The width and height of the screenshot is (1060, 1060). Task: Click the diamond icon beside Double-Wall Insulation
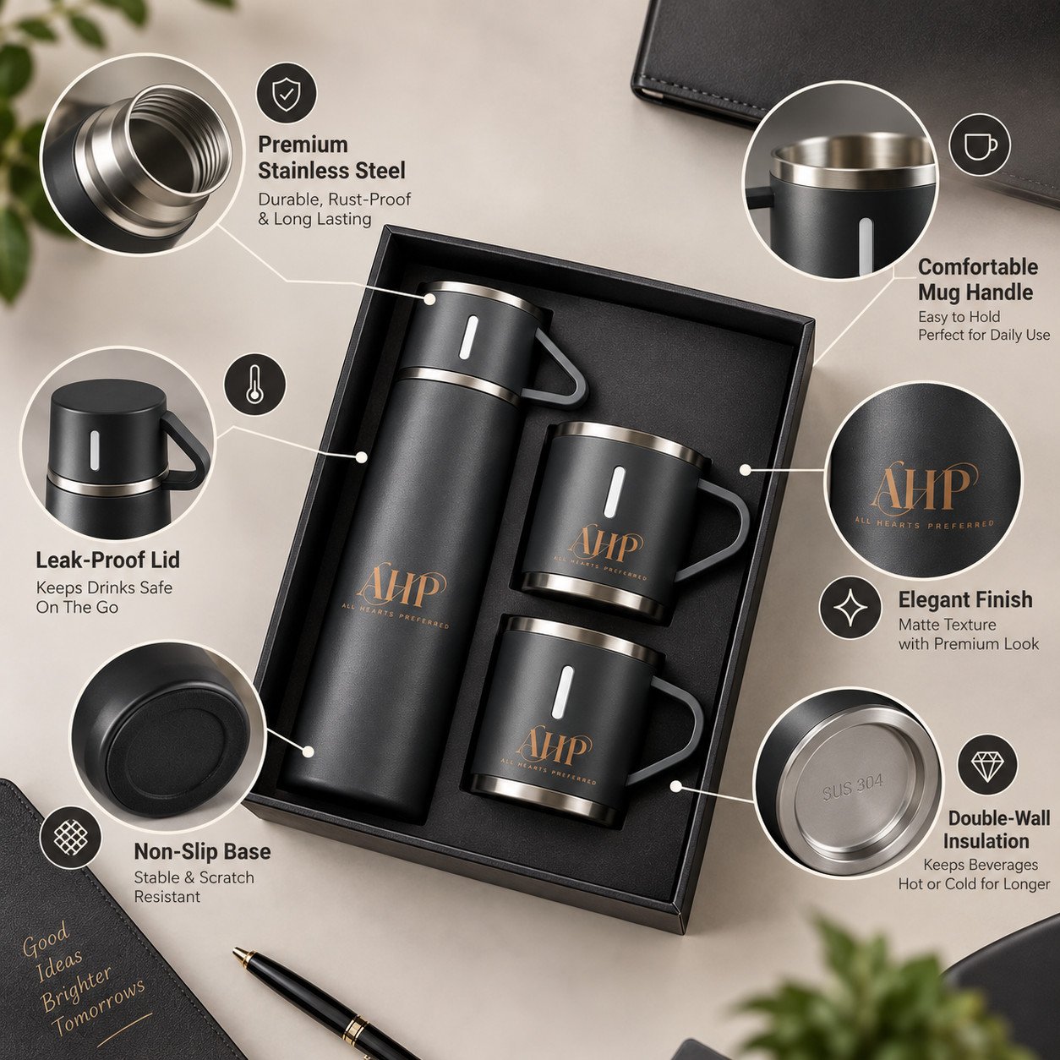point(986,764)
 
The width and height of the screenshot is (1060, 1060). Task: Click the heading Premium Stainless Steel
point(331,158)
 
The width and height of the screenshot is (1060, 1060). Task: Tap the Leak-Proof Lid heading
point(108,560)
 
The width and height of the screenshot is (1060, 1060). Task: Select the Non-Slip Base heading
point(202,851)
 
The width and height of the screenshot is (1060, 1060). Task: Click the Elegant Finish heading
point(965,599)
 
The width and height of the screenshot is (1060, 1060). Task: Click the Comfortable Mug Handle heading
point(977,280)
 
